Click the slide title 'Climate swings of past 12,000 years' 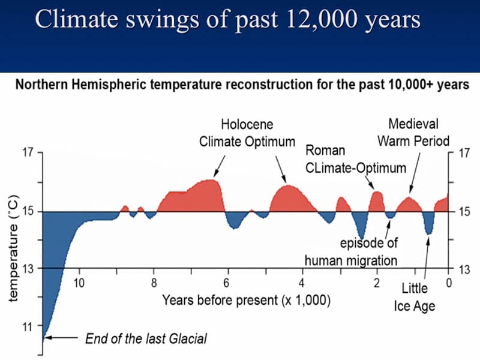click(x=227, y=19)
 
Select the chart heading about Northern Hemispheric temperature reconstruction click(x=242, y=85)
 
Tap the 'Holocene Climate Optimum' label click(x=247, y=133)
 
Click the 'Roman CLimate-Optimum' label click(x=355, y=158)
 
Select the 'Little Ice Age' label click(x=415, y=297)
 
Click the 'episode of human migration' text click(x=351, y=252)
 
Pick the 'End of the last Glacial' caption click(x=146, y=338)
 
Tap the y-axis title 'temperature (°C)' click(x=16, y=246)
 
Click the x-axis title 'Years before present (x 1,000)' click(x=246, y=299)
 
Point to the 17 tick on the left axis click(x=28, y=152)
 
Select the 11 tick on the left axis click(x=28, y=328)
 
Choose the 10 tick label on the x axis click(x=79, y=283)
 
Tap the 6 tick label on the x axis click(x=227, y=283)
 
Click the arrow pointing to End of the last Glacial click(x=60, y=338)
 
